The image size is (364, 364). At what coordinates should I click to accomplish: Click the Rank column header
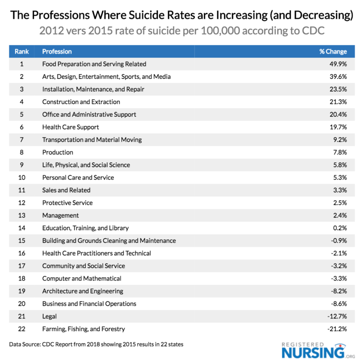[x=21, y=51]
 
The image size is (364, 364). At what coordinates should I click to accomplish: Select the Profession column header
[x=57, y=51]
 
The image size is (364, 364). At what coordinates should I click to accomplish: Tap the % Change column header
[x=333, y=51]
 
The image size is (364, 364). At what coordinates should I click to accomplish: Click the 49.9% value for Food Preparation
[x=338, y=64]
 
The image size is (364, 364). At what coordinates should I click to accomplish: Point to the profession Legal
[x=49, y=317]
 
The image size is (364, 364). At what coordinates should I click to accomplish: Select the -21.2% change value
[x=337, y=329]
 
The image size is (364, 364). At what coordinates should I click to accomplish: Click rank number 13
[x=22, y=215]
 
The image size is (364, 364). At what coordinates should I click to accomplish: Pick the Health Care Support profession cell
[x=70, y=127]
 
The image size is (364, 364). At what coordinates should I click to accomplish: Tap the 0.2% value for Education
[x=339, y=228]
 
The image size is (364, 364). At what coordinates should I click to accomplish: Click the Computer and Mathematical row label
[x=82, y=279]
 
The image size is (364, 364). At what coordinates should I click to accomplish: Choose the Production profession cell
[x=57, y=152]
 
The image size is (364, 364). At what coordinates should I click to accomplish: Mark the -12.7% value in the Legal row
[x=337, y=317]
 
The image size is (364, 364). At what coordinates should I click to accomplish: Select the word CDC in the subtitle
[x=313, y=31]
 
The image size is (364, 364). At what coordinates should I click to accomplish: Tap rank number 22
[x=22, y=329]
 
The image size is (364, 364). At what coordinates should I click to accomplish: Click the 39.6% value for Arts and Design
[x=338, y=76]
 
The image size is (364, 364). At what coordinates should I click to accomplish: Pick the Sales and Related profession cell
[x=66, y=190]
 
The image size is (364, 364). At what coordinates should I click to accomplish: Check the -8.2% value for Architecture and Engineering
[x=338, y=291]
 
